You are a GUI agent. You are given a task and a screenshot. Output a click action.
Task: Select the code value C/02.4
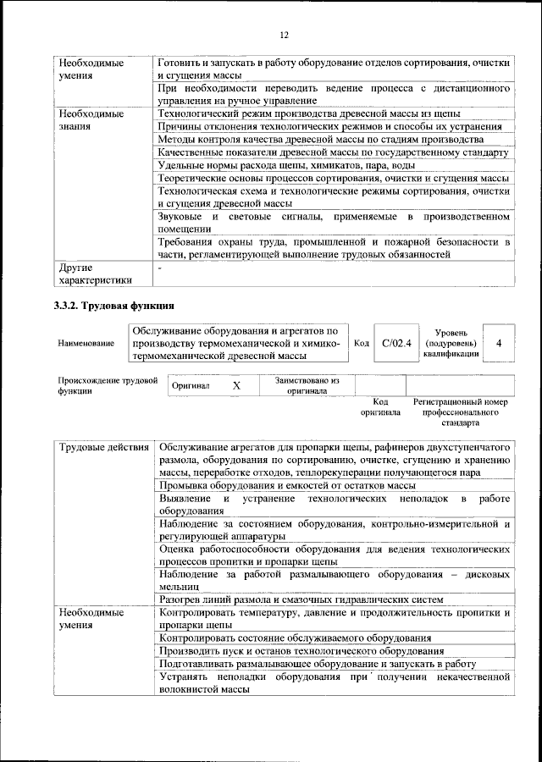395,343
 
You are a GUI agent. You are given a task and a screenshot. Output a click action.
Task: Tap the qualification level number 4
499,343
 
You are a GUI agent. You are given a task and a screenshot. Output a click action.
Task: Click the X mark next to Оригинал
236,385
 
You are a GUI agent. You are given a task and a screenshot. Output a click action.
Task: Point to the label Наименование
86,344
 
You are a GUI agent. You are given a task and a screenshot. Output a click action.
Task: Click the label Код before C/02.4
361,343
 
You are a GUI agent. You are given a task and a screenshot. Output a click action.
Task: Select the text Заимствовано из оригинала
306,386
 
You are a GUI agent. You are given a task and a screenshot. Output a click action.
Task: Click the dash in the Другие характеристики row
160,268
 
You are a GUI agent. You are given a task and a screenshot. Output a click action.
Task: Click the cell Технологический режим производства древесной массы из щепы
310,113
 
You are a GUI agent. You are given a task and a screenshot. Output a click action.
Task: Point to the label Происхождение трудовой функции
108,386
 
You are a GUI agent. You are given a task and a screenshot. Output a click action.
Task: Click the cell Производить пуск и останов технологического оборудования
301,651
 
